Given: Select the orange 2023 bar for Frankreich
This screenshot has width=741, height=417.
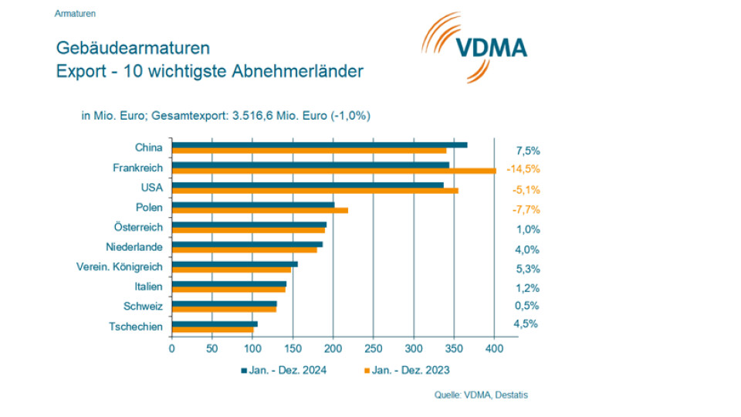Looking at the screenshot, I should (x=333, y=171).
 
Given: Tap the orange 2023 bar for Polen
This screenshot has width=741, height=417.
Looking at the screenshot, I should (x=259, y=210).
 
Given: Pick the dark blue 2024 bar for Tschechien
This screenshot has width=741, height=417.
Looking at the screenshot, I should (x=215, y=324).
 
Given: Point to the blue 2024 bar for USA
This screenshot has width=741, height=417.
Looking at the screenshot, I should (x=307, y=185).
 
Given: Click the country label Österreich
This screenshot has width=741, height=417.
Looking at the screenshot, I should (x=138, y=228).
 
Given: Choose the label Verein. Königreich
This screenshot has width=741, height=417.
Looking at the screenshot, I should (x=120, y=267).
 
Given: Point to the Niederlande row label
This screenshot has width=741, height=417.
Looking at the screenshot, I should (x=134, y=247).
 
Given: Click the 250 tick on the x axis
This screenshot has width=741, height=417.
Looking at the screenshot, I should (x=374, y=348).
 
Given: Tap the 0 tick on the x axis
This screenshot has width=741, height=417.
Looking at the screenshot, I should (x=172, y=348).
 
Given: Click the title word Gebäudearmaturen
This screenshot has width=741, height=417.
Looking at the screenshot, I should (x=133, y=48).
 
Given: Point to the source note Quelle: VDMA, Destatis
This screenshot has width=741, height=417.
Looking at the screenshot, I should (x=482, y=395).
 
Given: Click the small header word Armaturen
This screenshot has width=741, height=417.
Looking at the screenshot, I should (x=76, y=14).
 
